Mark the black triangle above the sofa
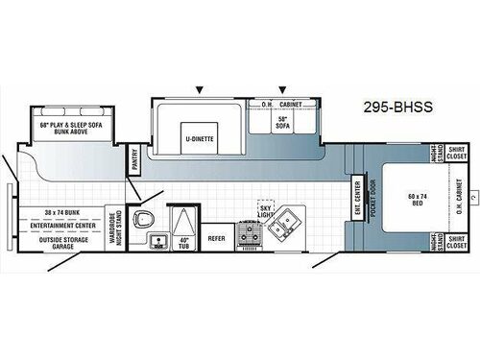[282, 88]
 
